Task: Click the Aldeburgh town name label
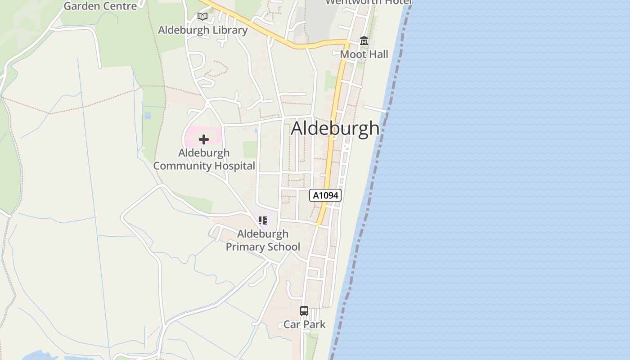[335, 128]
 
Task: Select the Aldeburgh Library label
[202, 30]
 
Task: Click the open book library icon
[202, 17]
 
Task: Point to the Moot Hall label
[364, 54]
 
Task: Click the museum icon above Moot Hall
[364, 41]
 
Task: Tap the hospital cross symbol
[204, 139]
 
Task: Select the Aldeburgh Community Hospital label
[204, 159]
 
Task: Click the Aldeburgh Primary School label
[263, 240]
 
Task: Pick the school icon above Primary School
[263, 220]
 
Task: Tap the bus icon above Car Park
[304, 311]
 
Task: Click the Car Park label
[304, 324]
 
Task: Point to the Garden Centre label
[100, 6]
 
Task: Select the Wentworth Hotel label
[368, 2]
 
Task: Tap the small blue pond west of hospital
[148, 116]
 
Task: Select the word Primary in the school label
[245, 247]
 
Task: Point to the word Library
[230, 30]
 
